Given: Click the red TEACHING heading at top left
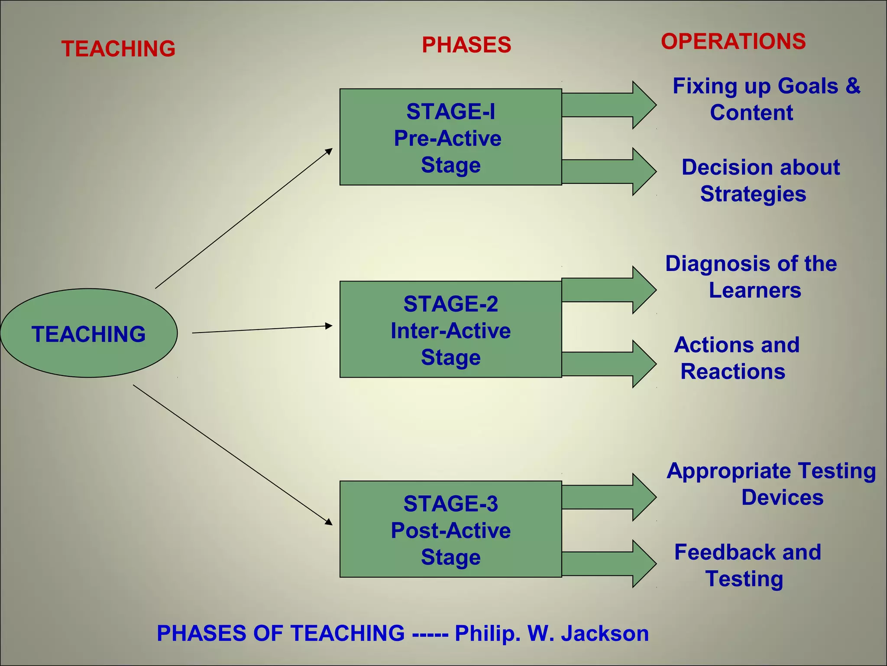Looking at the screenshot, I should pyautogui.click(x=118, y=49).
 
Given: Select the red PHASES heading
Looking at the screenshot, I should pyautogui.click(x=466, y=45).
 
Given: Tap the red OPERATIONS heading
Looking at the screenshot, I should pyautogui.click(x=733, y=42).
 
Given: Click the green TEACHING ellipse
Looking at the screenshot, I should pyautogui.click(x=89, y=333).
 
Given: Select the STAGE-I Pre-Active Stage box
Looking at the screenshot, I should pyautogui.click(x=450, y=137).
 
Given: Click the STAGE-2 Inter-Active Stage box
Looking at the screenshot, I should pyautogui.click(x=450, y=330).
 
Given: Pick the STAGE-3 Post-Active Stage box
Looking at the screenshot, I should pyautogui.click(x=450, y=529).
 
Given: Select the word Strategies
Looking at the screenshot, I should pyautogui.click(x=753, y=194).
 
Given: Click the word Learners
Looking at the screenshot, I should pyautogui.click(x=755, y=290).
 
